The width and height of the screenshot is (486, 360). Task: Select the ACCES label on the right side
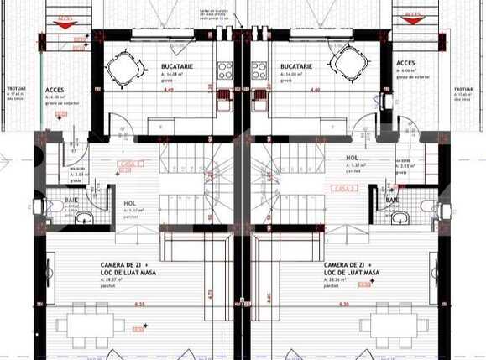pos(405,62)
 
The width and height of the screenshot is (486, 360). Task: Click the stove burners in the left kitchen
pos(225,71)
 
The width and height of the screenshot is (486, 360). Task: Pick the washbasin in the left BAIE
pos(85,218)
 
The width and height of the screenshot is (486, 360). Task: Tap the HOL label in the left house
pos(130,203)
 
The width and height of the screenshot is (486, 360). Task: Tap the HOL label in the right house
pos(353,158)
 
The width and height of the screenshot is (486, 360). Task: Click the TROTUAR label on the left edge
pos(16,88)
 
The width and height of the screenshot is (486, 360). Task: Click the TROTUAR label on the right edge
pos(464,88)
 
